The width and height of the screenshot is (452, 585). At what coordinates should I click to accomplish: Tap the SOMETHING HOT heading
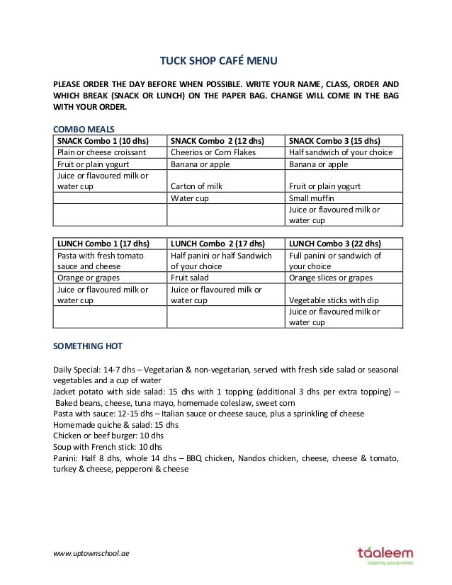click(x=89, y=346)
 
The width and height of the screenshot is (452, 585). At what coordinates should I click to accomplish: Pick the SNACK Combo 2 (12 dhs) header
click(x=214, y=140)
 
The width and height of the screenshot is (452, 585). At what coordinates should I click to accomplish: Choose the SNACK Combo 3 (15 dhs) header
click(x=334, y=140)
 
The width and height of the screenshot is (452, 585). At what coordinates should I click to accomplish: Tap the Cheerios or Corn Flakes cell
click(x=213, y=152)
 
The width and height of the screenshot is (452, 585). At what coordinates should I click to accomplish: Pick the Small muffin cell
click(x=312, y=198)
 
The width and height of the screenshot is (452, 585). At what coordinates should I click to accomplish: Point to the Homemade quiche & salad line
click(x=116, y=425)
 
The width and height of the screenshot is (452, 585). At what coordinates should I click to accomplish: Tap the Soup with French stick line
click(x=108, y=448)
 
